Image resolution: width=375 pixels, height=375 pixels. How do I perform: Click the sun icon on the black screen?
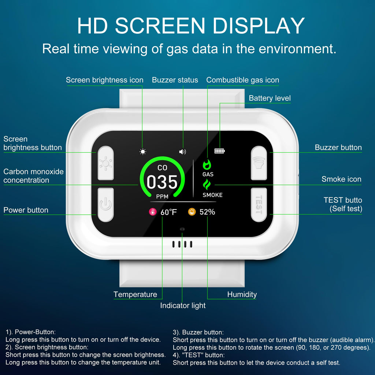143,152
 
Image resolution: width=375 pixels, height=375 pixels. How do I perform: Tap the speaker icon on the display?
182,152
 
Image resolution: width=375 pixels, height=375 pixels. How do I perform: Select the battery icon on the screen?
220,151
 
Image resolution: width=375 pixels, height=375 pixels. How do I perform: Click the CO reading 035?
162,182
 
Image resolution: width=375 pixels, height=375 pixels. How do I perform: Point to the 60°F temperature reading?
168,212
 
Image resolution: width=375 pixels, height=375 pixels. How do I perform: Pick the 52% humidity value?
207,212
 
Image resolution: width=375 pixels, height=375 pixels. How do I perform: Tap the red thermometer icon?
153,212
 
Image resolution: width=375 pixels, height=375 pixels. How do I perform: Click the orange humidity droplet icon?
192,212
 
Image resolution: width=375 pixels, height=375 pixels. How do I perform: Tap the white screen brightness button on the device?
106,163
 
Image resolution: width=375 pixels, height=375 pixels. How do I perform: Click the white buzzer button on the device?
259,163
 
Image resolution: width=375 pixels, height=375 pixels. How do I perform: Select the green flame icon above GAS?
207,164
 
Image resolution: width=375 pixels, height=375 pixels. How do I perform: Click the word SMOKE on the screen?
213,195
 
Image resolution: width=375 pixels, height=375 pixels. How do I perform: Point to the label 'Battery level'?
270,98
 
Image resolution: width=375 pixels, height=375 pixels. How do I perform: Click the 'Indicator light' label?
183,305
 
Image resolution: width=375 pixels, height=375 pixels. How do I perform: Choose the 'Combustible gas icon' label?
243,80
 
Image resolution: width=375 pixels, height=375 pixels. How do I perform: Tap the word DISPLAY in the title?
258,26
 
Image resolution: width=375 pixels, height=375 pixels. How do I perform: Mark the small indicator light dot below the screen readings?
182,229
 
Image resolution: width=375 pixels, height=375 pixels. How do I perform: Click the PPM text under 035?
162,197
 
